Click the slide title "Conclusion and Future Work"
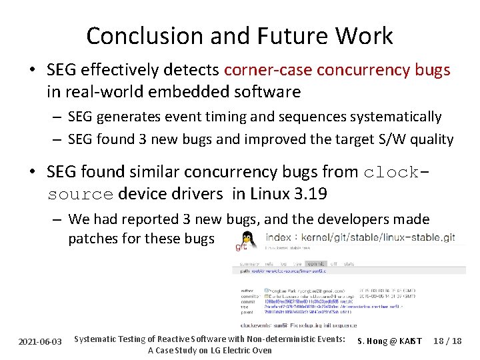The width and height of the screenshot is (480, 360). point(239,35)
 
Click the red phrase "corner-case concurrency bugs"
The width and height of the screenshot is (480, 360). point(337,70)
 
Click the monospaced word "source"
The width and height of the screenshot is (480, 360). point(80,194)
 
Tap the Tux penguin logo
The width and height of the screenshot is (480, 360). point(248,238)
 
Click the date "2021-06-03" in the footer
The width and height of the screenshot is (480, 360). point(39,341)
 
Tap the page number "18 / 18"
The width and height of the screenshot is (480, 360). point(447,341)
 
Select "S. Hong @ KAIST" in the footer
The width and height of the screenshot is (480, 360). point(389,341)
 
